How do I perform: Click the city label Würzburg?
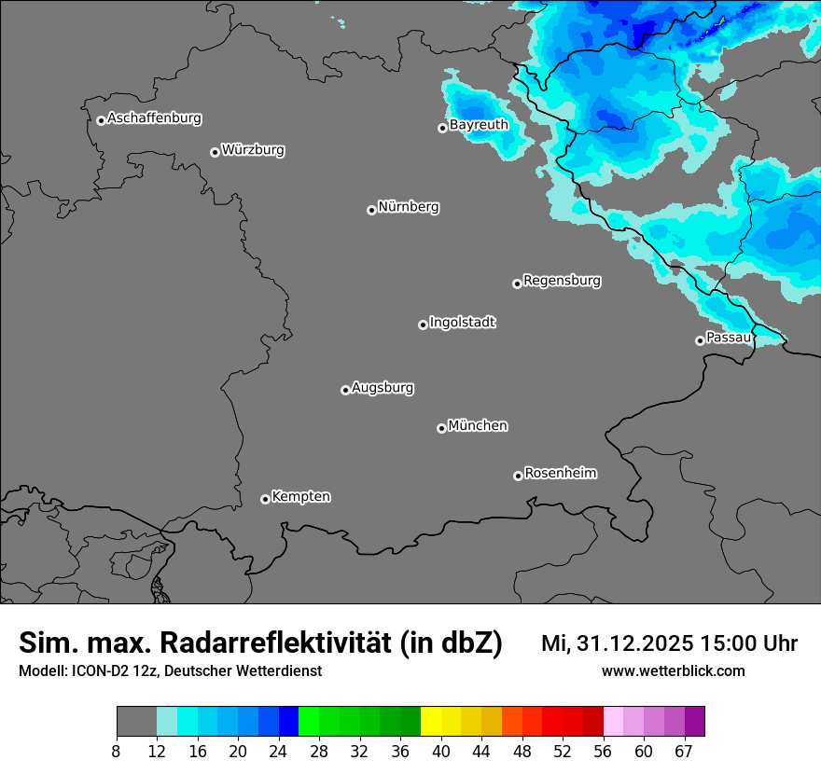pyautogui.click(x=253, y=150)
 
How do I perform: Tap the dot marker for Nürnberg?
pyautogui.click(x=371, y=210)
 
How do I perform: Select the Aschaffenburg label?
pyautogui.click(x=154, y=118)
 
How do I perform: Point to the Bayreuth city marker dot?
pyautogui.click(x=442, y=128)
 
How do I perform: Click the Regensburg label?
pyautogui.click(x=562, y=281)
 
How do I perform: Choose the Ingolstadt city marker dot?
pyautogui.click(x=423, y=325)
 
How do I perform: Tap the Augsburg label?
pyautogui.click(x=383, y=388)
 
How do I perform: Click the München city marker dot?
pyautogui.click(x=441, y=428)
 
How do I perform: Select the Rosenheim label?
pyautogui.click(x=560, y=474)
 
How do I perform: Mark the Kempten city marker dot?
pyautogui.click(x=265, y=499)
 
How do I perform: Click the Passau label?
pyautogui.click(x=728, y=338)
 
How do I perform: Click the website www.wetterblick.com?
pyautogui.click(x=673, y=671)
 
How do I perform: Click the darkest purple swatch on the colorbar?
pyautogui.click(x=694, y=722)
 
